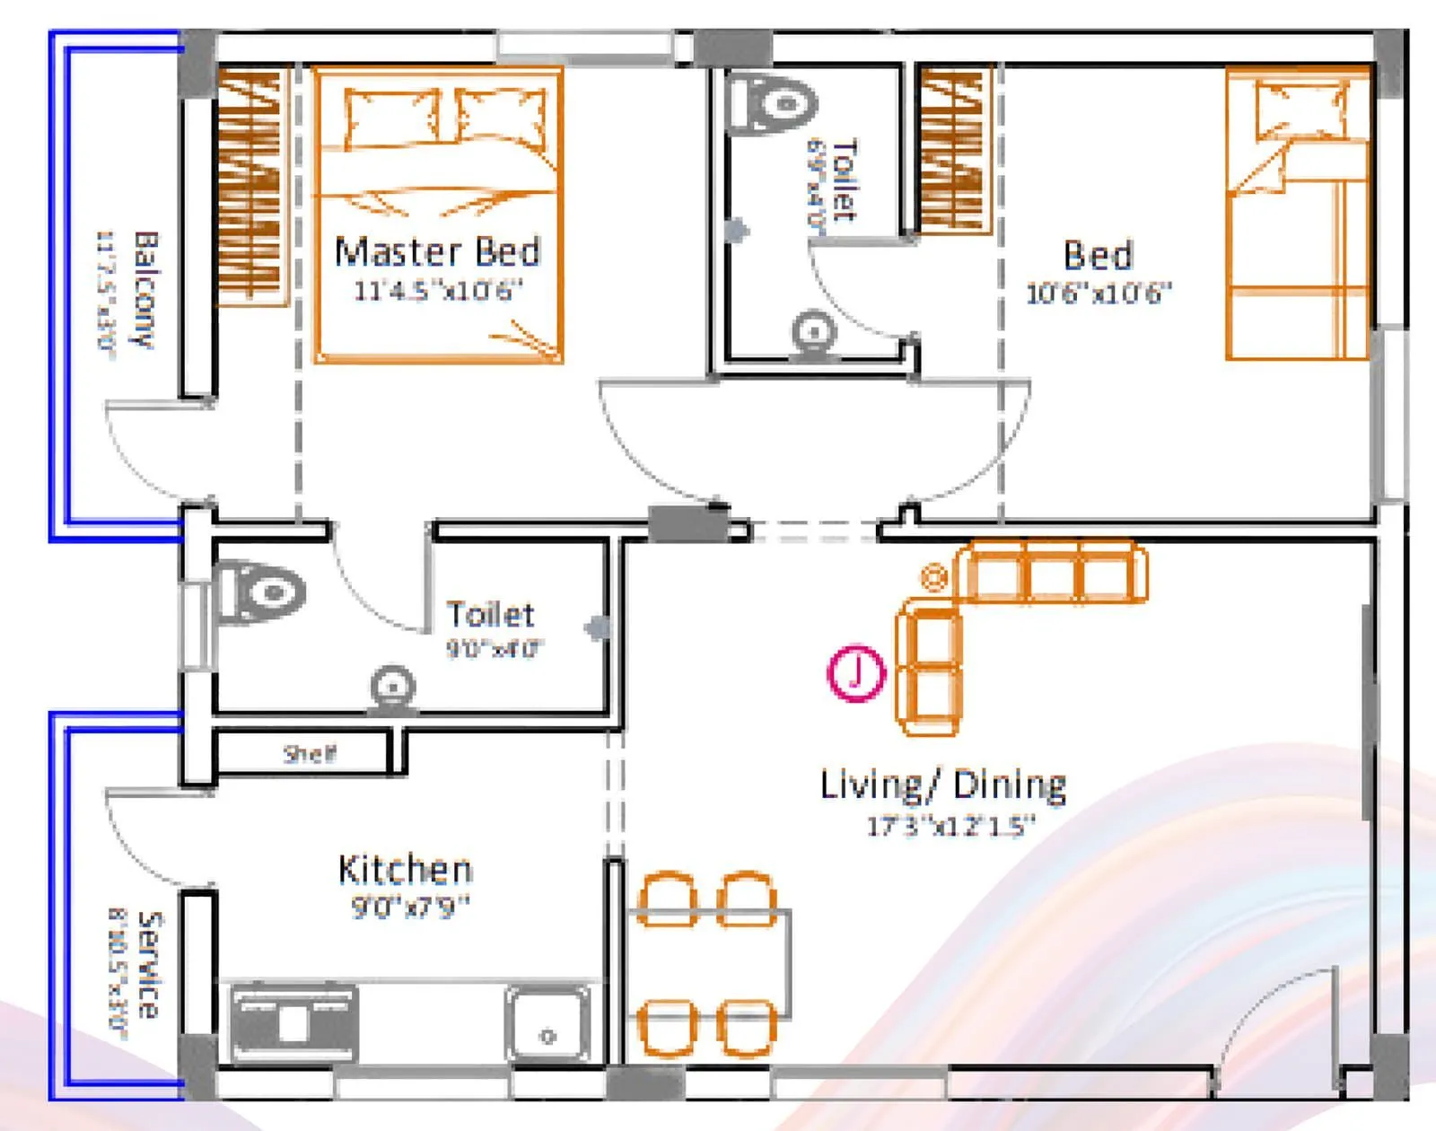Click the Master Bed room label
click(x=437, y=252)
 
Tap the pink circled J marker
click(x=855, y=672)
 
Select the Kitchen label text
click(x=405, y=870)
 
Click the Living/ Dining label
click(x=943, y=785)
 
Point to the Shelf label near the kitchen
click(x=310, y=753)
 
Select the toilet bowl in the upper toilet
click(x=773, y=102)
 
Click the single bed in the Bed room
click(x=1298, y=215)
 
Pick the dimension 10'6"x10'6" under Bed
click(x=1099, y=294)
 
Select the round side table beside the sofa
click(x=934, y=576)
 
